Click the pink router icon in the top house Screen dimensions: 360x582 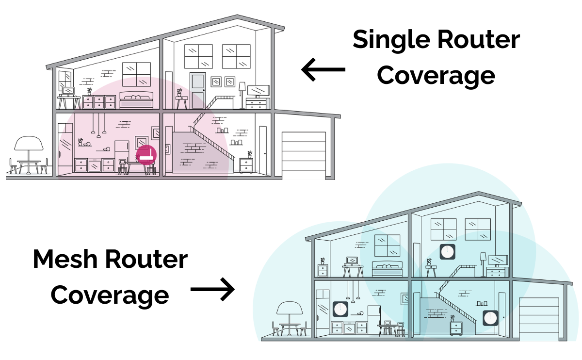pyautogui.click(x=146, y=155)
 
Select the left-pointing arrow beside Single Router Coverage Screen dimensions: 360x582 pyautogui.click(x=323, y=69)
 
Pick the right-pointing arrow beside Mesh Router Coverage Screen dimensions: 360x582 pyautogui.click(x=212, y=290)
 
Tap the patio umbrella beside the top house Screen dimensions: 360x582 pyautogui.click(x=29, y=144)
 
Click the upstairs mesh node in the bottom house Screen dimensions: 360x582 pyautogui.click(x=448, y=252)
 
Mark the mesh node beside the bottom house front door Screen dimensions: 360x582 pyautogui.click(x=490, y=318)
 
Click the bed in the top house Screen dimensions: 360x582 pyautogui.click(x=136, y=101)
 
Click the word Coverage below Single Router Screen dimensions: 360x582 pyautogui.click(x=436, y=75)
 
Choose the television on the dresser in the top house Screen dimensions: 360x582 pyautogui.click(x=258, y=90)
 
